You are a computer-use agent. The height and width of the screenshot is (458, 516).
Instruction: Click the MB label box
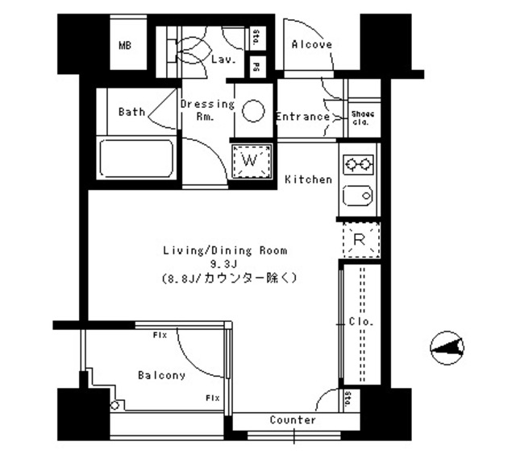pyautogui.click(x=125, y=46)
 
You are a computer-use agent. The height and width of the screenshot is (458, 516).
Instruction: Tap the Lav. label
pyautogui.click(x=222, y=60)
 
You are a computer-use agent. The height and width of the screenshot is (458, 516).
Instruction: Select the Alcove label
pyautogui.click(x=311, y=45)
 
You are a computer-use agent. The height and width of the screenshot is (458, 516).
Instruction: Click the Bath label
pyautogui.click(x=131, y=112)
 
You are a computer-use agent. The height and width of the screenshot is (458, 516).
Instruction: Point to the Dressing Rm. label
pyautogui.click(x=207, y=109)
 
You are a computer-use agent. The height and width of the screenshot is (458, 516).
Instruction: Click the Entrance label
pyautogui.click(x=302, y=117)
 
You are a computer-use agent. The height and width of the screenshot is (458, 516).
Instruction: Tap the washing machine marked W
pyautogui.click(x=250, y=161)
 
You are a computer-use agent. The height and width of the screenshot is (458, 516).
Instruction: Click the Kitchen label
pyautogui.click(x=308, y=179)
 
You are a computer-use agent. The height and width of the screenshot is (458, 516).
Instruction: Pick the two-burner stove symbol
pyautogui.click(x=358, y=165)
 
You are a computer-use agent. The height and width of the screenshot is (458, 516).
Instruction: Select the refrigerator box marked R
pyautogui.click(x=360, y=238)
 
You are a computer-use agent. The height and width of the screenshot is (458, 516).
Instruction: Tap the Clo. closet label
pyautogui.click(x=360, y=323)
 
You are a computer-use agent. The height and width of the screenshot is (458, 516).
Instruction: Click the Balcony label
pyautogui.click(x=161, y=375)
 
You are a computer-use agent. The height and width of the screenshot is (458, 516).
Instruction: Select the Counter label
pyautogui.click(x=293, y=420)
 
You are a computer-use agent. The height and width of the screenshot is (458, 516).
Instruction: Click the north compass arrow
pyautogui.click(x=446, y=347)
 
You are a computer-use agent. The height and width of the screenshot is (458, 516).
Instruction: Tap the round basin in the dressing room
pyautogui.click(x=253, y=111)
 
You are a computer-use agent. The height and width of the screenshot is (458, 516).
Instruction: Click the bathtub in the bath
pyautogui.click(x=136, y=159)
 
